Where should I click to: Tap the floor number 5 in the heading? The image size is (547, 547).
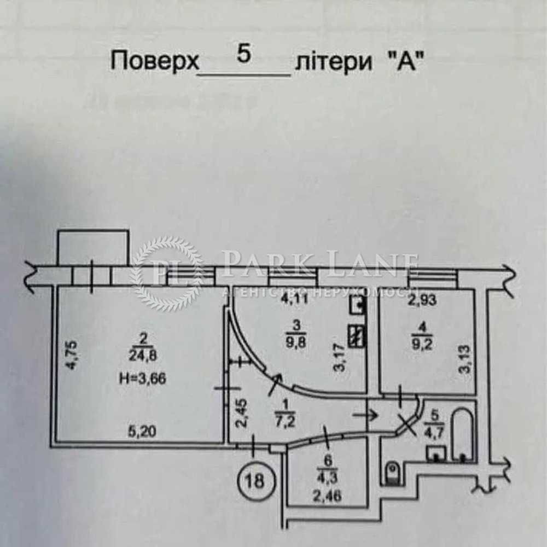(x=244, y=55)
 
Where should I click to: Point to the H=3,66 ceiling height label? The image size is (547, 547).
(x=140, y=376)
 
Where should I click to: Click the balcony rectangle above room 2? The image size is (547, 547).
(x=93, y=248)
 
